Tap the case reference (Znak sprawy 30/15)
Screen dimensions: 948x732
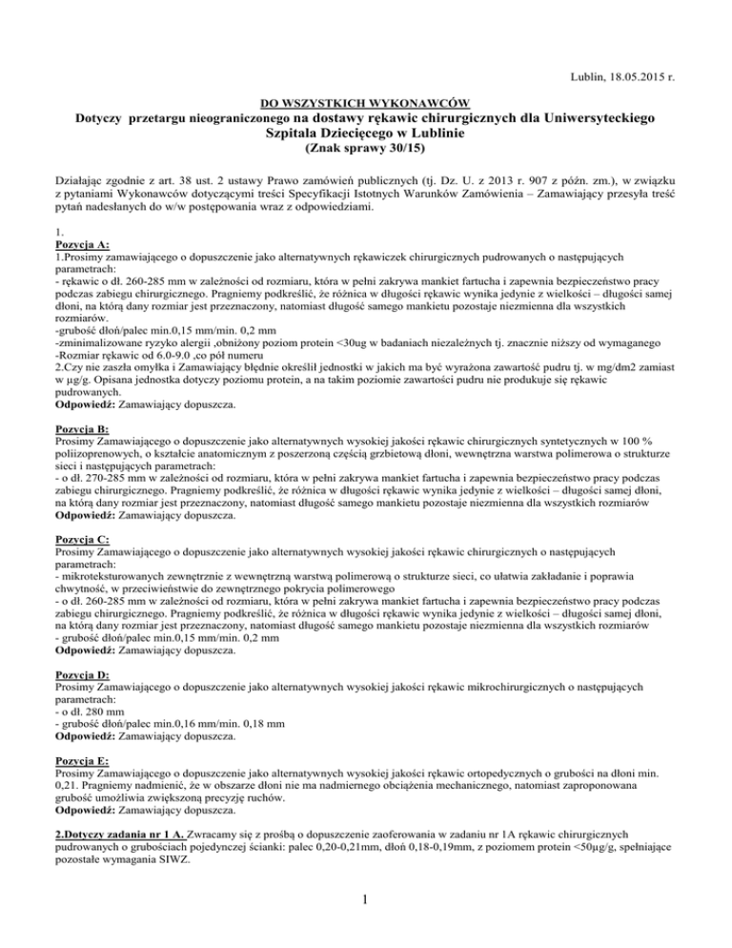366,150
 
